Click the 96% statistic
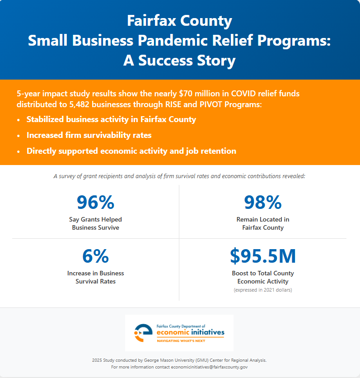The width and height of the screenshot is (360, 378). click(95, 202)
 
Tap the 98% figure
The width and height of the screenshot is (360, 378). click(263, 202)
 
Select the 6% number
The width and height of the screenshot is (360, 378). click(95, 256)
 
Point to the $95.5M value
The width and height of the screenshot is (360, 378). click(263, 256)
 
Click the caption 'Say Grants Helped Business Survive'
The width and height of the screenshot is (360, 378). click(95, 223)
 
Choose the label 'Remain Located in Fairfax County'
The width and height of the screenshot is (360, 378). click(263, 223)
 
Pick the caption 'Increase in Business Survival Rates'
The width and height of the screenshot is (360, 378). click(95, 277)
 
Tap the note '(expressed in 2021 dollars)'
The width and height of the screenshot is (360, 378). click(263, 290)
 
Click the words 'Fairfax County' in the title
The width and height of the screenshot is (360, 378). click(179, 21)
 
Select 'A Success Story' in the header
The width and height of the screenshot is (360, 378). click(179, 60)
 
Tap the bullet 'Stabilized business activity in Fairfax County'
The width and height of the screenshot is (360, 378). click(111, 120)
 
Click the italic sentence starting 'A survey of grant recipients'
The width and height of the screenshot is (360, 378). click(179, 175)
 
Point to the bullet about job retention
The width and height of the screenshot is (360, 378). click(131, 151)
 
